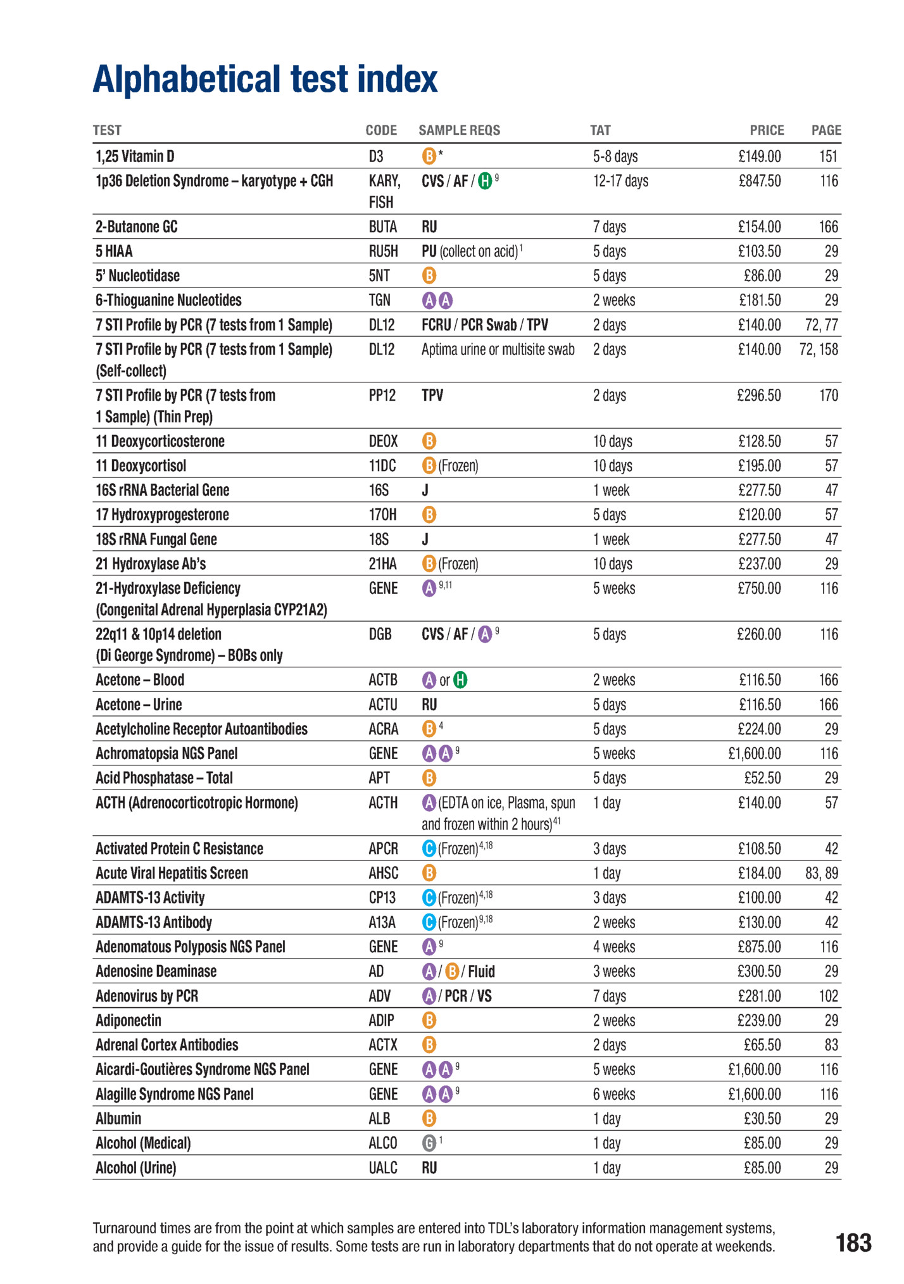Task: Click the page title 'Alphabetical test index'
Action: (x=265, y=79)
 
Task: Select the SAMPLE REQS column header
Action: (x=459, y=130)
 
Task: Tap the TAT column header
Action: (x=600, y=130)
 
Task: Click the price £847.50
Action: (x=759, y=181)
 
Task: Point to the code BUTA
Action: (x=383, y=227)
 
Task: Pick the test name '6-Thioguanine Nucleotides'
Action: (x=168, y=300)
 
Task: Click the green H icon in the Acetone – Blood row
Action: (x=461, y=680)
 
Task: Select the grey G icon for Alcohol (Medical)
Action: (x=429, y=1143)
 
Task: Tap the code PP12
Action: (x=382, y=396)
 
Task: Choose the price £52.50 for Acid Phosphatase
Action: (x=762, y=778)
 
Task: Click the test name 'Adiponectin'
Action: (x=129, y=1021)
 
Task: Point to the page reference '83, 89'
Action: (x=821, y=874)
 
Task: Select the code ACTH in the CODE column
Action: (x=383, y=803)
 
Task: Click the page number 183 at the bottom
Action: (x=853, y=1243)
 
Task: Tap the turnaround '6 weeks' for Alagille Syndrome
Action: (x=614, y=1094)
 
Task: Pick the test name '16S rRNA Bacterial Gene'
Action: (x=162, y=490)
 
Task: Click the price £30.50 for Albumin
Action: (x=762, y=1119)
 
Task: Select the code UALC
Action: (x=383, y=1168)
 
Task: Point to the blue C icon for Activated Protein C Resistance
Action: (x=429, y=848)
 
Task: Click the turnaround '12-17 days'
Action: (x=620, y=181)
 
